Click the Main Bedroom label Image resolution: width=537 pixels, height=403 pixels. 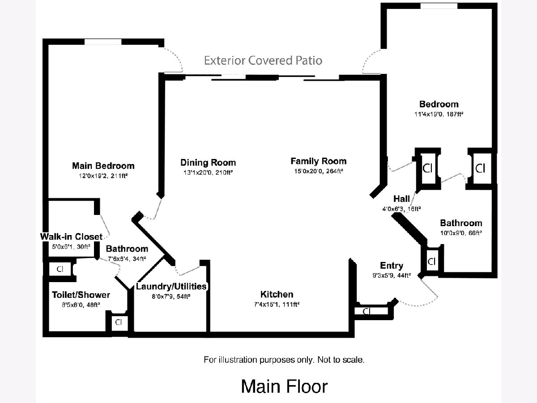click(x=103, y=166)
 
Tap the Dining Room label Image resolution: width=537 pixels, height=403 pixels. click(x=208, y=162)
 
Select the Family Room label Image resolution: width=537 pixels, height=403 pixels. click(x=318, y=161)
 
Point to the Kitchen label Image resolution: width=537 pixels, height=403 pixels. click(x=277, y=294)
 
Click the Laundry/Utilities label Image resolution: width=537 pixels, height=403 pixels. click(x=171, y=286)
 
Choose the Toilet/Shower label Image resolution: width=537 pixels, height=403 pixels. click(x=81, y=295)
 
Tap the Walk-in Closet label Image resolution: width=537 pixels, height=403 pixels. click(x=71, y=236)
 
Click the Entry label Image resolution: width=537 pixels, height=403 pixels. click(x=392, y=266)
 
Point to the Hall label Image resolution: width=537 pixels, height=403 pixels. click(x=402, y=198)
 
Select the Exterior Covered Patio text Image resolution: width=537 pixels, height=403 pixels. click(x=263, y=60)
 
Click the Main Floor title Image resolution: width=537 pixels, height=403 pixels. click(x=284, y=386)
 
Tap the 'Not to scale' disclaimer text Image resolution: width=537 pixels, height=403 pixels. click(x=284, y=360)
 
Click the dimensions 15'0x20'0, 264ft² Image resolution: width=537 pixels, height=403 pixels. click(x=318, y=171)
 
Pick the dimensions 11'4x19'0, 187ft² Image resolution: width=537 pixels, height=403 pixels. click(x=439, y=114)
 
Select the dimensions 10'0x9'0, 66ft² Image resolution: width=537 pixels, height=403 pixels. click(x=461, y=232)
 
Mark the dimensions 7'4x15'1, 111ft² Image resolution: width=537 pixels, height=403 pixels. click(x=277, y=304)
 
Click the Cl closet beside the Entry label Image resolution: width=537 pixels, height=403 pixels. click(x=431, y=262)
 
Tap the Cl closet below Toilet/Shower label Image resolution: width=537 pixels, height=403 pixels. click(x=119, y=322)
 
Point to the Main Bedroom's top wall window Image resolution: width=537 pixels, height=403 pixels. click(x=103, y=42)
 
